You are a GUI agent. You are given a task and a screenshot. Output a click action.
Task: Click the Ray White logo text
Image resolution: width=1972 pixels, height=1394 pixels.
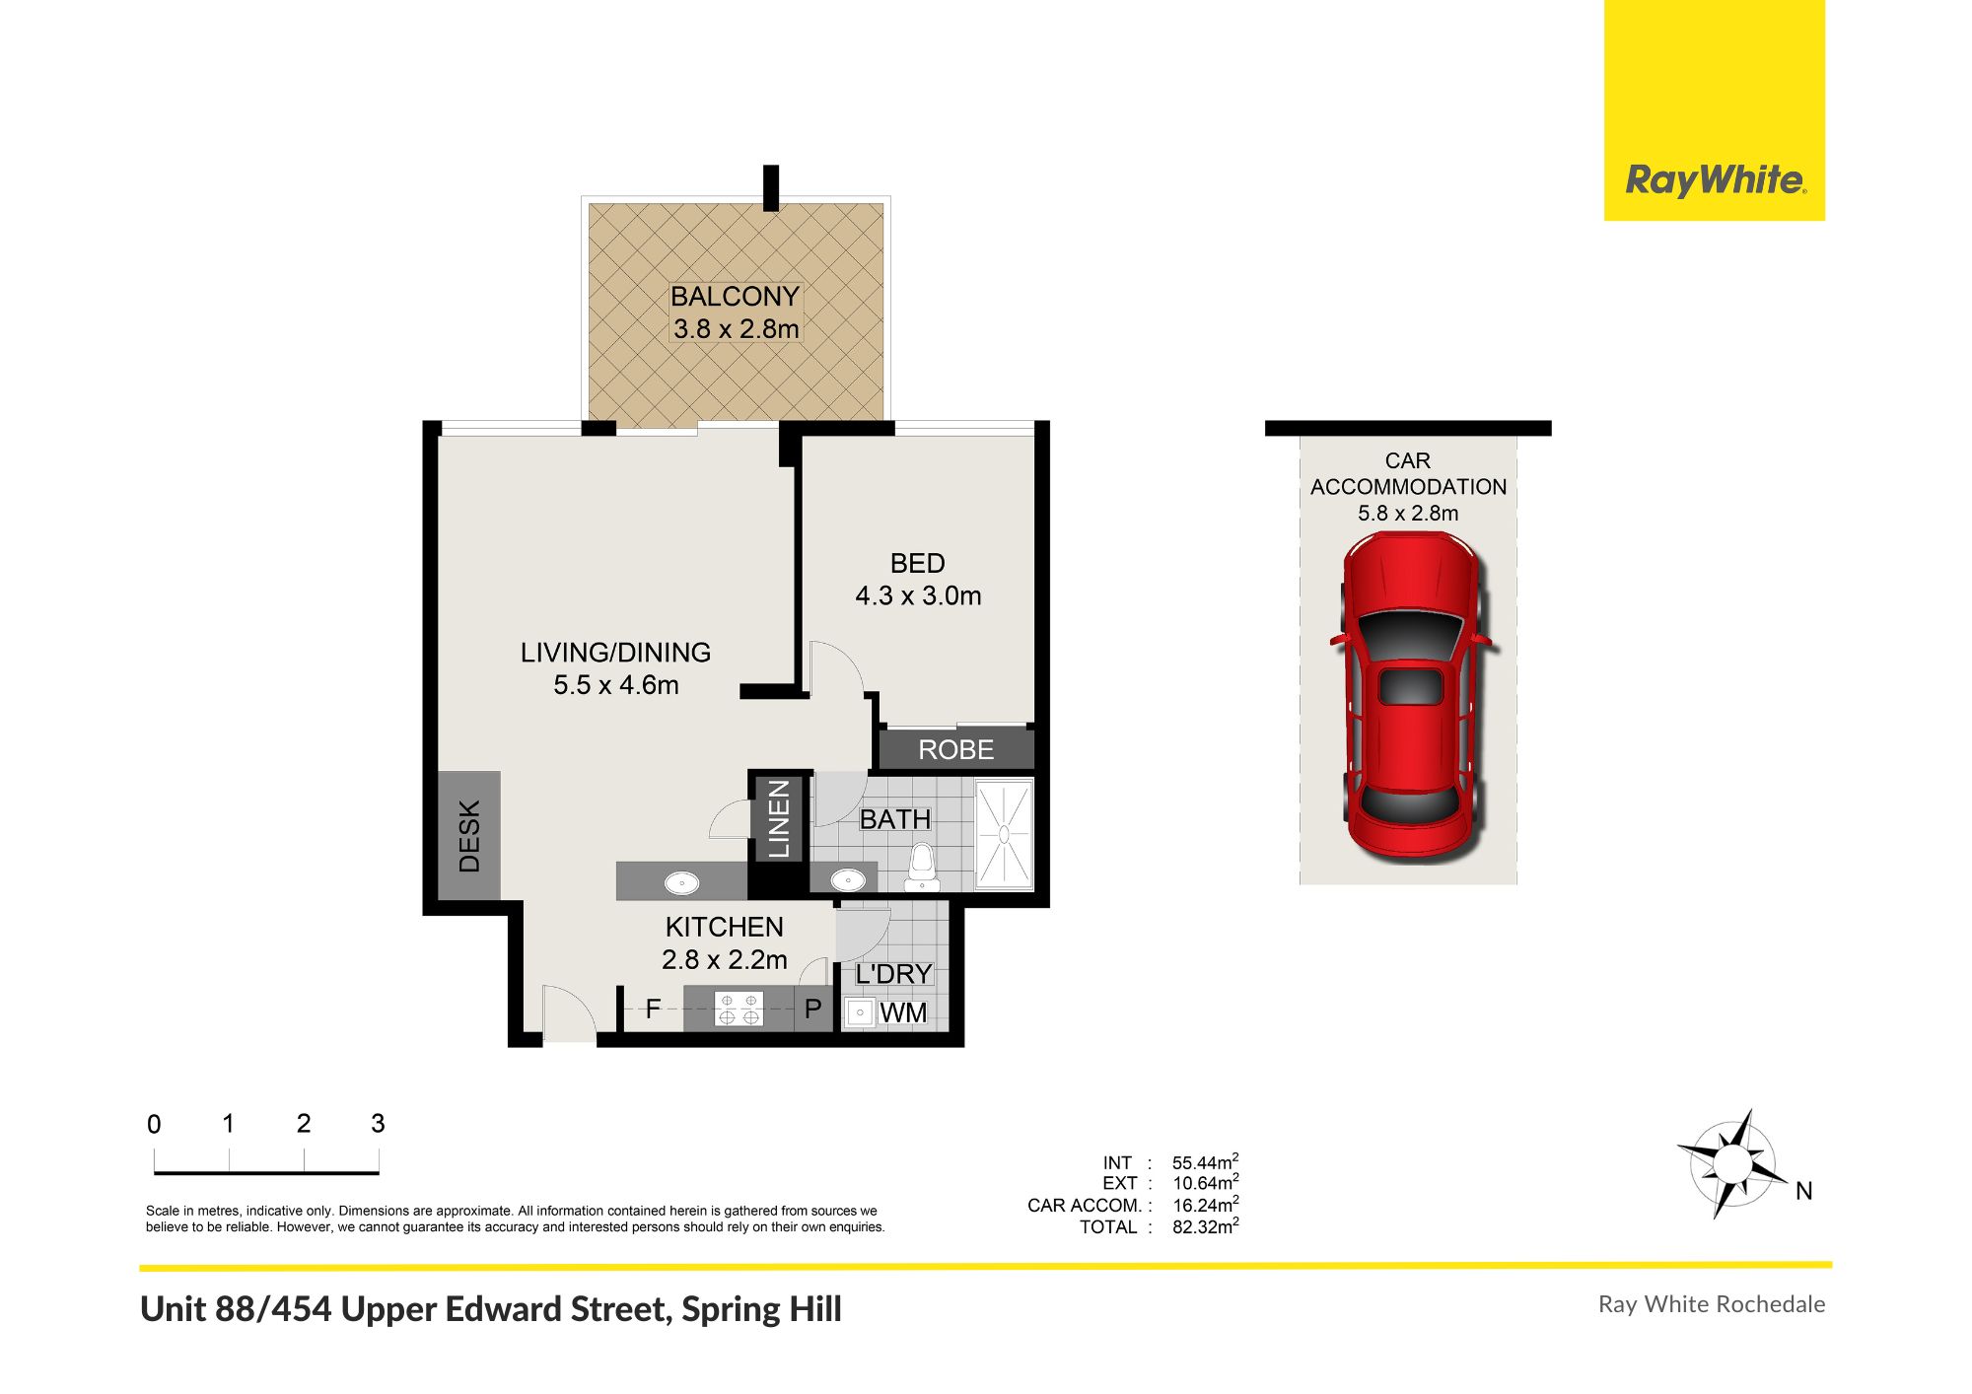coord(1715,180)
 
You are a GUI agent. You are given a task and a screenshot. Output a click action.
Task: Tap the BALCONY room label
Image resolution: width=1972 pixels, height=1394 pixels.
coord(735,296)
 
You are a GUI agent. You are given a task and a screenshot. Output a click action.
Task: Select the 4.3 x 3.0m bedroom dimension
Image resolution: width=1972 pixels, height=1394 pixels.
coord(918,595)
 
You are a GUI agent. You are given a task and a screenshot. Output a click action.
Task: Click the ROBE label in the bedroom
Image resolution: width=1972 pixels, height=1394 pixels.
coord(955,749)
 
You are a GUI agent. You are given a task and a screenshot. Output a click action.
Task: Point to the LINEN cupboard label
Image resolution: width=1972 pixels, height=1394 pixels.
coord(779,818)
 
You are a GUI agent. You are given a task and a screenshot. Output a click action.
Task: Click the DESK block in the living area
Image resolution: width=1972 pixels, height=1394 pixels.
coord(469,836)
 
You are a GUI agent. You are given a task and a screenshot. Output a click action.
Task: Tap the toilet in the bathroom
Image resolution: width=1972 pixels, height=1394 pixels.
coord(921,864)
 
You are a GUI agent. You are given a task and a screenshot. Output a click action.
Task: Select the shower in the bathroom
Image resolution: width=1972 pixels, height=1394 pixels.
coord(1004,834)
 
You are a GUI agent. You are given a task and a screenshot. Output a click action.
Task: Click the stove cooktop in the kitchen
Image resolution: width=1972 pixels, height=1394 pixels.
coord(739,1010)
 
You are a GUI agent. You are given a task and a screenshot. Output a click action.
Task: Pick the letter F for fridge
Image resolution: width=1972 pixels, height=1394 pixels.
coord(653,1009)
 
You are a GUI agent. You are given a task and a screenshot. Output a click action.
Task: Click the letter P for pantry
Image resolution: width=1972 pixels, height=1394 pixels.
coord(812,1010)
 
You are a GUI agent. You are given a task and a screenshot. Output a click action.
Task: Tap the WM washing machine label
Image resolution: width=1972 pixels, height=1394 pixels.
coord(902,1012)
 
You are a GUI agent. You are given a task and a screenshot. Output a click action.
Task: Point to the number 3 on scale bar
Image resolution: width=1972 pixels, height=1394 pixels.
coord(378,1123)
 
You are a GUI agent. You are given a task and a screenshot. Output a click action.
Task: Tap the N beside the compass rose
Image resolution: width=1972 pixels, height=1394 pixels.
coord(1803,1191)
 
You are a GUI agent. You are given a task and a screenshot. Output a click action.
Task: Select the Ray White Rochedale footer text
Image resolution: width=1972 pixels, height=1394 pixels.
coord(1711,1304)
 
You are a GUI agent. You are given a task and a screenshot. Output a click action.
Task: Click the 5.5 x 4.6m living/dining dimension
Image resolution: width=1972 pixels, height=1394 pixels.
coord(615,685)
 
